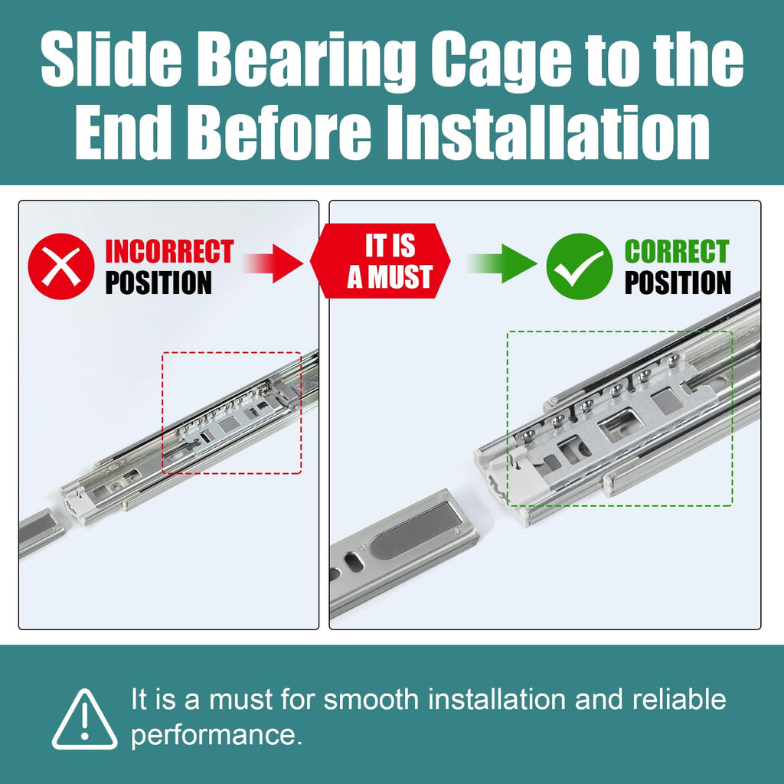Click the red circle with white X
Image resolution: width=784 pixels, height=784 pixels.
(x=61, y=266)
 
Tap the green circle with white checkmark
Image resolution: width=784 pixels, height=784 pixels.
(x=579, y=266)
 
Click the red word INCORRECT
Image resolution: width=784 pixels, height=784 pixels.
(x=169, y=251)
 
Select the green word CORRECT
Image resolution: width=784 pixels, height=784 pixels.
(x=677, y=251)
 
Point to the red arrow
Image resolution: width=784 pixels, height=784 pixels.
(x=273, y=263)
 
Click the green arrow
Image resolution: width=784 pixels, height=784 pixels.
(x=501, y=263)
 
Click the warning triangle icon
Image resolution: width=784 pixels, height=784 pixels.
(x=84, y=720)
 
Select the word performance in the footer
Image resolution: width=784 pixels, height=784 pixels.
(x=217, y=736)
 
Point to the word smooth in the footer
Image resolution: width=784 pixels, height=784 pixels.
(x=371, y=699)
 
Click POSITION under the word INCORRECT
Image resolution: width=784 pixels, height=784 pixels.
(x=158, y=283)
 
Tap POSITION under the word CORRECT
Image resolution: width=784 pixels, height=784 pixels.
(x=678, y=283)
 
